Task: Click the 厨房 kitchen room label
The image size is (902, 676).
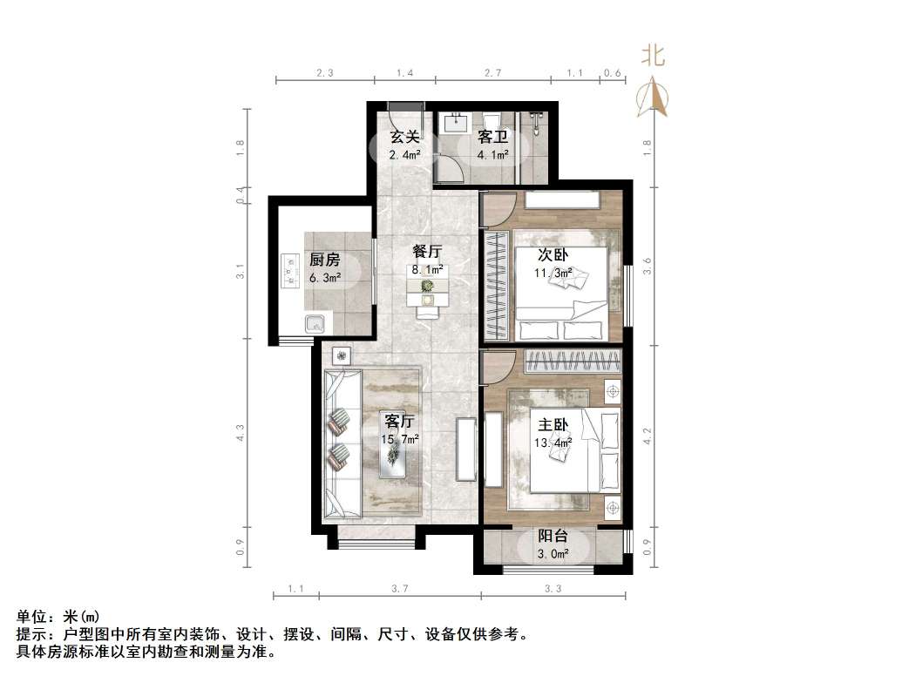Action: (323, 260)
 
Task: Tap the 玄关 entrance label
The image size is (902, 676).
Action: (404, 137)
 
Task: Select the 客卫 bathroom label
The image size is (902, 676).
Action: (492, 137)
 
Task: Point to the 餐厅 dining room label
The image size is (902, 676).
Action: (428, 252)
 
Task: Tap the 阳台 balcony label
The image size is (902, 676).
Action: (553, 537)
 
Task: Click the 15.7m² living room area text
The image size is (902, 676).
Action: (402, 439)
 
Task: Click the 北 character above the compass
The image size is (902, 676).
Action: (653, 57)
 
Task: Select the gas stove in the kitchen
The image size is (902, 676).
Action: (289, 270)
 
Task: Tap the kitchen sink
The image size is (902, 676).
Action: (315, 325)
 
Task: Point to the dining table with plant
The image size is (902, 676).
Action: (427, 293)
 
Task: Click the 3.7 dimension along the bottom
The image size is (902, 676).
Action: (400, 590)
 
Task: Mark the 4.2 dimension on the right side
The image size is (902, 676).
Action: (647, 436)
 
